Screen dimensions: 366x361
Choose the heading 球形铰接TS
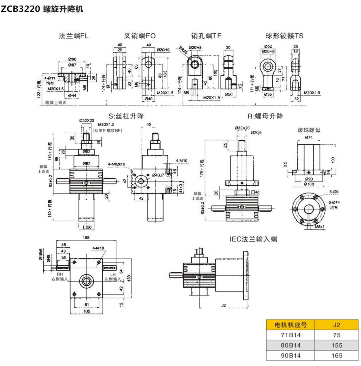(284, 36)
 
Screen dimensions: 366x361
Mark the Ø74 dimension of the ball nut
(309, 137)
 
